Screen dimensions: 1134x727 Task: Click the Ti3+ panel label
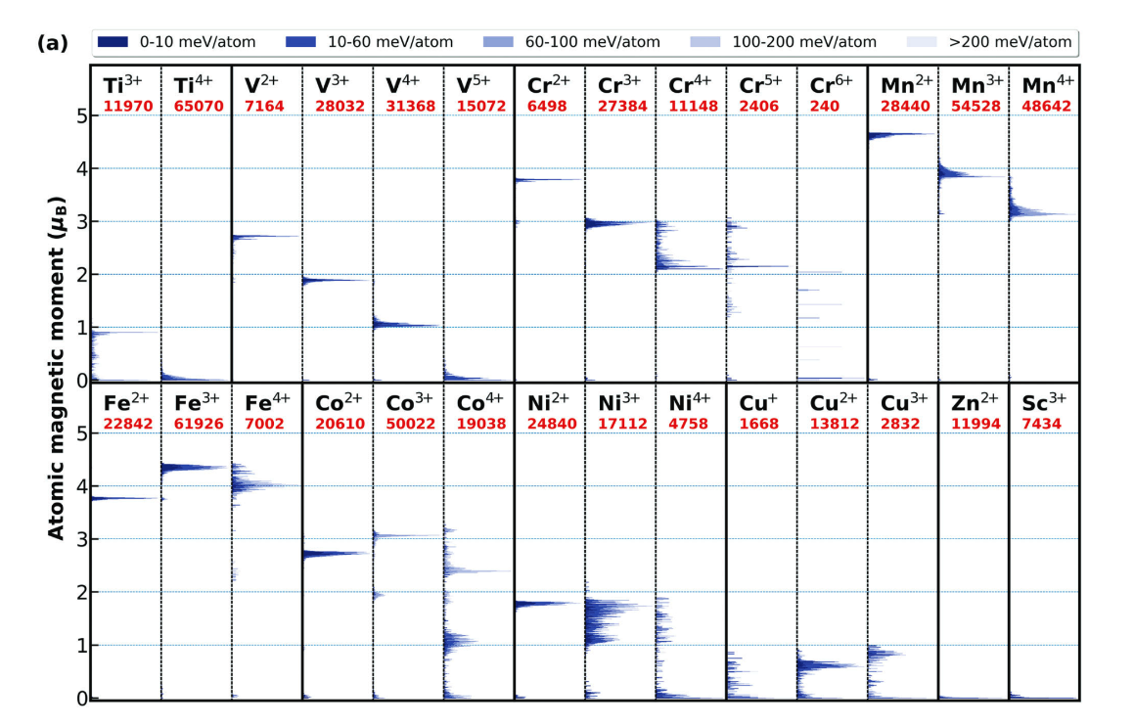coord(123,84)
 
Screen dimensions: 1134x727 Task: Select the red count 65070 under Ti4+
coord(199,107)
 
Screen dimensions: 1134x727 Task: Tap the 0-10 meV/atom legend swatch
coord(113,42)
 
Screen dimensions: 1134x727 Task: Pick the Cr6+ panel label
coord(831,84)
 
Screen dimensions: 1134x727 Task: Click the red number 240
coord(825,107)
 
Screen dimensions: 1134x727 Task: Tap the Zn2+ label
coord(975,402)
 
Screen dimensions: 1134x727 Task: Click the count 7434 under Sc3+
coord(1041,423)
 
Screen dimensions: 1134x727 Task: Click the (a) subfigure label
coord(53,43)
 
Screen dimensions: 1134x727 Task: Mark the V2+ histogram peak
coord(264,236)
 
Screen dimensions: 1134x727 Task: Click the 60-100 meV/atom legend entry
coord(571,42)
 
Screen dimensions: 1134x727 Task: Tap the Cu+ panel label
coord(758,402)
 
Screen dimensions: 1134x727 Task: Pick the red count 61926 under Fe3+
coord(199,423)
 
